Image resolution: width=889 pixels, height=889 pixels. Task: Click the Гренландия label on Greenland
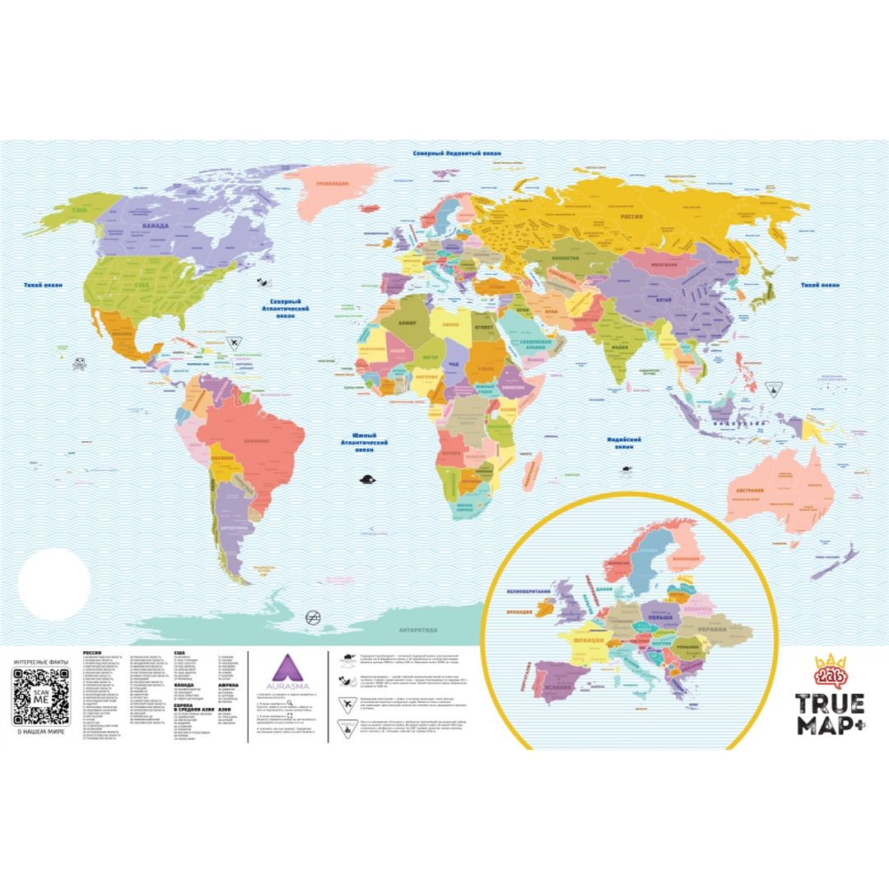(333, 184)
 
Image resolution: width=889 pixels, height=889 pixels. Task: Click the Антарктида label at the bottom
(418, 631)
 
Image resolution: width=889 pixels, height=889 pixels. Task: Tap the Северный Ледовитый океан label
(448, 154)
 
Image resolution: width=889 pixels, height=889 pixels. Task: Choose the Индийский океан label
(620, 444)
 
